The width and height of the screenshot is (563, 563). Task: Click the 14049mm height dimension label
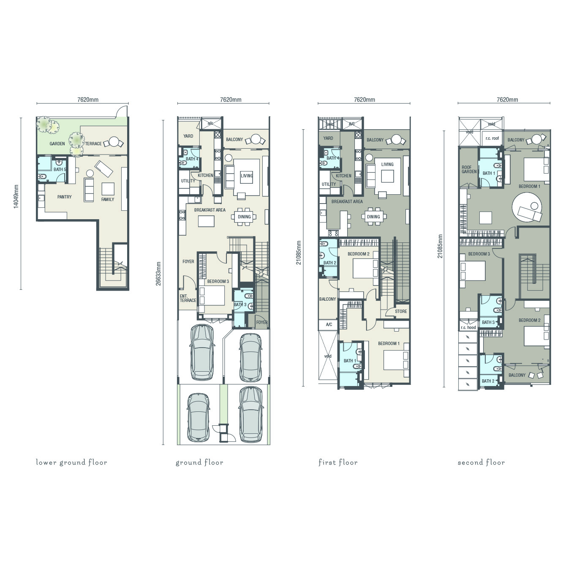pyautogui.click(x=16, y=196)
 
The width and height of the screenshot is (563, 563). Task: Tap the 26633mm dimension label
pyautogui.click(x=158, y=273)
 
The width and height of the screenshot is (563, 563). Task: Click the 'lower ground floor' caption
pyautogui.click(x=71, y=462)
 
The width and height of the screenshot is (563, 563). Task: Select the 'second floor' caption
pyautogui.click(x=481, y=462)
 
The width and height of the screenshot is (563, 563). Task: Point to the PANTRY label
pyautogui.click(x=64, y=197)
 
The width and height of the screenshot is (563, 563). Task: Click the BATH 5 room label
pyautogui.click(x=60, y=169)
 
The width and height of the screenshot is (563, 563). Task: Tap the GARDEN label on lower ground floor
pyautogui.click(x=57, y=144)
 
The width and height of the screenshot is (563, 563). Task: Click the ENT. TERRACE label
pyautogui.click(x=188, y=298)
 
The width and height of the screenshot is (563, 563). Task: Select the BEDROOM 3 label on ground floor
pyautogui.click(x=218, y=281)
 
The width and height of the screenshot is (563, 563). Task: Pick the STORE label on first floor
pyautogui.click(x=401, y=311)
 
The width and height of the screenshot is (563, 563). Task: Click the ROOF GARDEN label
pyautogui.click(x=469, y=169)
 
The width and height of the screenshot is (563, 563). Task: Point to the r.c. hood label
pyautogui.click(x=468, y=327)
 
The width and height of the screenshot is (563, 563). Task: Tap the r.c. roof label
pyautogui.click(x=492, y=138)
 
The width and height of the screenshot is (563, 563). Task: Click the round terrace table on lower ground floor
pyautogui.click(x=114, y=142)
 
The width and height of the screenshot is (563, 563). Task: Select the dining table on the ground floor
pyautogui.click(x=244, y=217)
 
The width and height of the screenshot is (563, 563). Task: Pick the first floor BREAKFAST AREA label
pyautogui.click(x=347, y=201)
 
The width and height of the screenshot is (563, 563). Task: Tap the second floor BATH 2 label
pyautogui.click(x=488, y=381)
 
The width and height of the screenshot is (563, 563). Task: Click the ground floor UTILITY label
pyautogui.click(x=188, y=181)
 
